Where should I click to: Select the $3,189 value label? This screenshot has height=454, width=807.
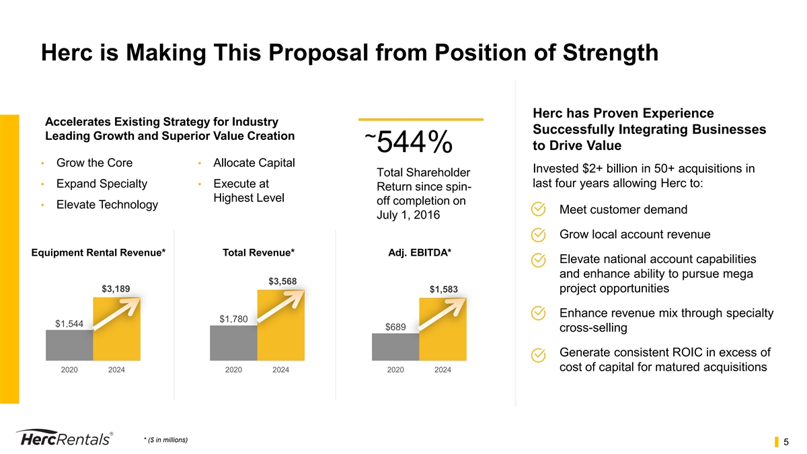pos(116,289)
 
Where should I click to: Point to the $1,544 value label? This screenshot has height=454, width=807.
pos(69,324)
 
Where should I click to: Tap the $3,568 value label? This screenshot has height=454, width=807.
pos(282,280)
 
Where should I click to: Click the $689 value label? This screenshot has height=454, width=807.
pos(395,327)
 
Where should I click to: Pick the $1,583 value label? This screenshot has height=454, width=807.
pos(443,289)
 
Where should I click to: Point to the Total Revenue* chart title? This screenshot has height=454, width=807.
pos(258,252)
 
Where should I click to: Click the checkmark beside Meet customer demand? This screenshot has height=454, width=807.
pos(539,210)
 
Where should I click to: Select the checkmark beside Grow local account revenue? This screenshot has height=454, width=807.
pos(539,235)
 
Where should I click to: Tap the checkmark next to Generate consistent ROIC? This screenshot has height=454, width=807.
pos(539,354)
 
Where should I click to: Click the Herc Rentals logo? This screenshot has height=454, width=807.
pos(64,437)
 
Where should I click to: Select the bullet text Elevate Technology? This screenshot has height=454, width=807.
pos(107,204)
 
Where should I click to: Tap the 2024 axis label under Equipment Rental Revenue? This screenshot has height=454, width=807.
pos(116,370)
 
